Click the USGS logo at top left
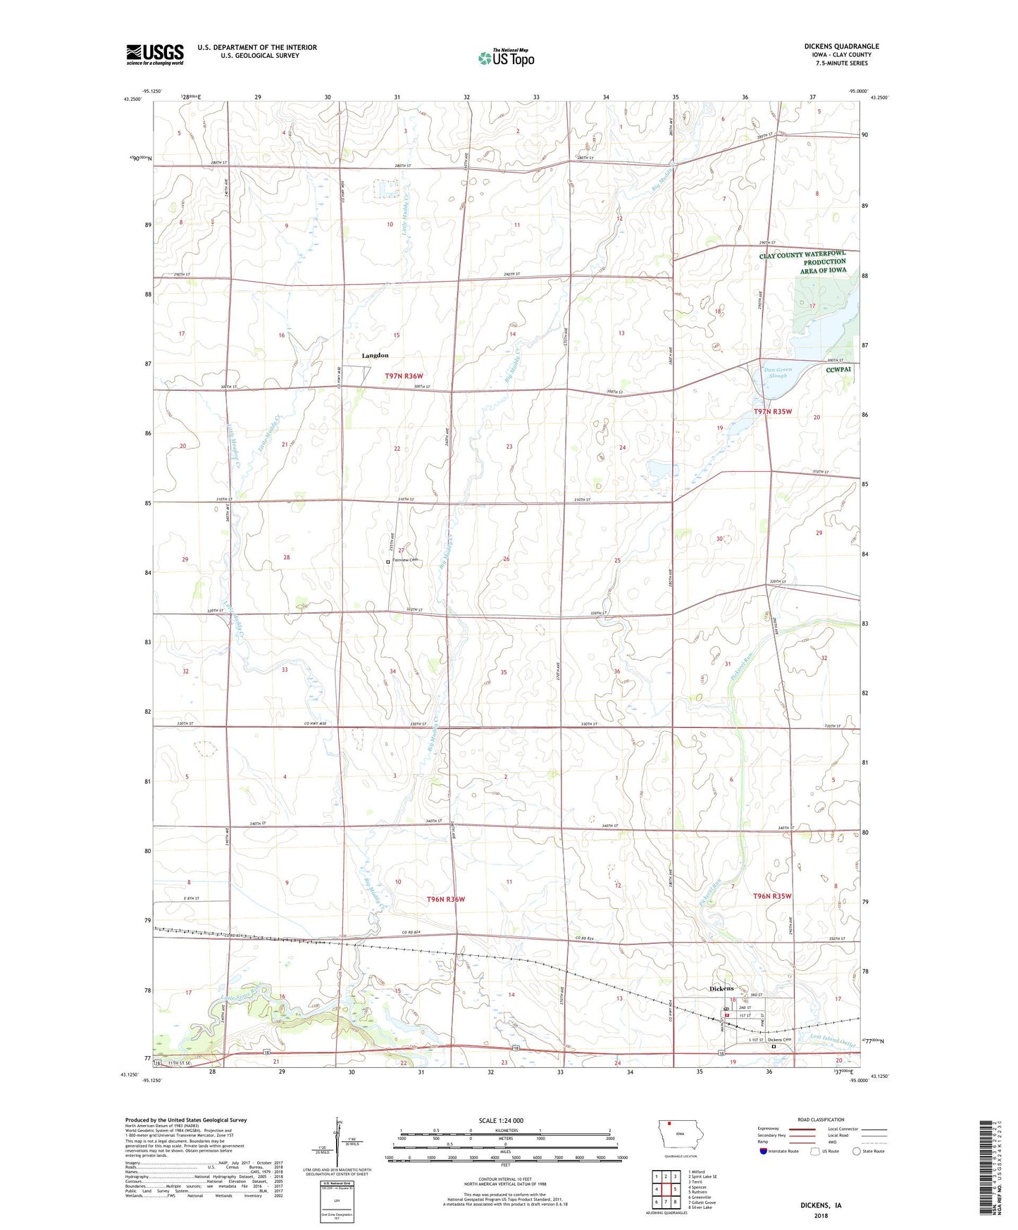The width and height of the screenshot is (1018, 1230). tap(155, 54)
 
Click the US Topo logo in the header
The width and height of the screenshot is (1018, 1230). tap(506, 58)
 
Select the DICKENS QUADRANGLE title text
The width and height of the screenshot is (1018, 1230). tap(841, 46)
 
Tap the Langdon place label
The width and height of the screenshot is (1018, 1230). tap(375, 356)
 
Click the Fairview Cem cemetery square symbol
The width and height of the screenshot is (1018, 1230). tap(388, 561)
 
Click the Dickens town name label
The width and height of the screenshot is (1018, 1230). tap(721, 988)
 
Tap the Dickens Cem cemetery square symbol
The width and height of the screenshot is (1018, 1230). tap(774, 1046)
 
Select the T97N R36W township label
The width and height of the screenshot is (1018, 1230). tap(404, 377)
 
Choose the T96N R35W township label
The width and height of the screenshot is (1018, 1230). tap(772, 896)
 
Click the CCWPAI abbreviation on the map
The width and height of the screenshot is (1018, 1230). tap(839, 368)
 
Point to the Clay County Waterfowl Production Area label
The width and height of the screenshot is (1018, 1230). tap(803, 262)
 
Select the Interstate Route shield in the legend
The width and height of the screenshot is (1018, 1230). tap(764, 1151)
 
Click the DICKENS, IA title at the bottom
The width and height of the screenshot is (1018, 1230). tap(820, 1205)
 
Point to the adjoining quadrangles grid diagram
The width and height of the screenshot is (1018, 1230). tap(666, 1191)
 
